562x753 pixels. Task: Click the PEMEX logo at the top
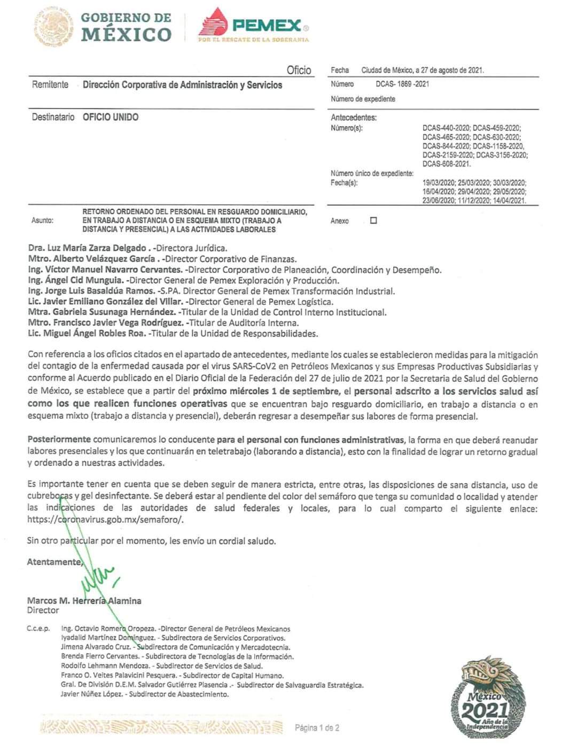[253, 25]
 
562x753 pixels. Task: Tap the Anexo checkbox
[373, 220]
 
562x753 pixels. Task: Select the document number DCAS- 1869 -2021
[402, 84]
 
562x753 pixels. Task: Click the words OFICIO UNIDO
[111, 117]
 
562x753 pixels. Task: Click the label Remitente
[50, 84]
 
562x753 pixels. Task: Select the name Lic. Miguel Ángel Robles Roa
[87, 334]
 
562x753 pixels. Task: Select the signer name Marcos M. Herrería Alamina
[84, 601]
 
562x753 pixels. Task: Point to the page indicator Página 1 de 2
[317, 727]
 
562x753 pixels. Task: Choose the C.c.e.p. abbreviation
[38, 629]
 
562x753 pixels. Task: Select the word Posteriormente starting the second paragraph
[59, 440]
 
